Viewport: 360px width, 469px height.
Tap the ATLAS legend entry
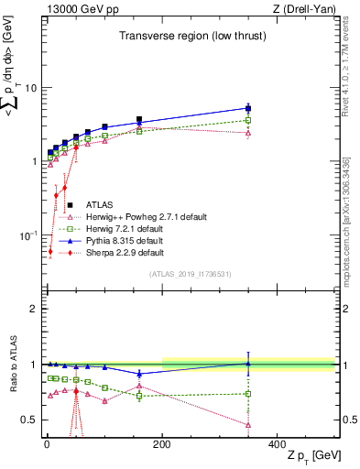pyautogui.click(x=100, y=205)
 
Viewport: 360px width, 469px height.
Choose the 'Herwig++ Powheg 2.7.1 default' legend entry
pyautogui.click(x=147, y=217)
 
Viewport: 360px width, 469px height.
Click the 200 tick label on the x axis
pyautogui.click(x=162, y=443)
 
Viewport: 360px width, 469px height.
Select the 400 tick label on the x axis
pyautogui.click(x=278, y=443)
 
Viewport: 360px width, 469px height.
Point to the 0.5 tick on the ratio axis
pyautogui.click(x=29, y=420)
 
